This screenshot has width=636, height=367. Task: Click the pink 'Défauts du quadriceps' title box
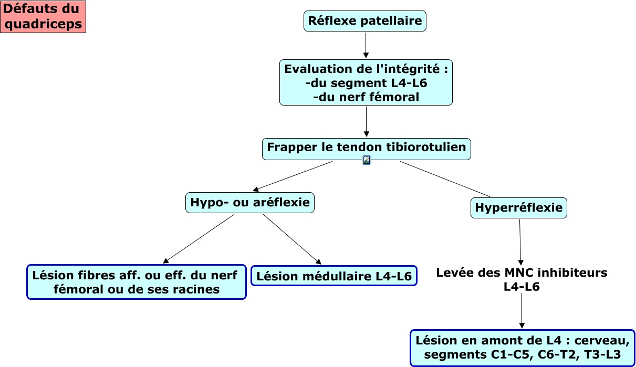[x=43, y=17]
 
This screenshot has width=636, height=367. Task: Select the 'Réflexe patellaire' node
[x=365, y=22]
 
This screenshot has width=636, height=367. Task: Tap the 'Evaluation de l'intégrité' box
[x=366, y=82]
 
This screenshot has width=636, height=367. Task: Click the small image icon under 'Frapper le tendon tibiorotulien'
[x=367, y=161]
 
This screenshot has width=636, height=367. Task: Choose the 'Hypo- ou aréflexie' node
[x=250, y=203]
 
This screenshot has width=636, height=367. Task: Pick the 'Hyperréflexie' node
[x=519, y=208]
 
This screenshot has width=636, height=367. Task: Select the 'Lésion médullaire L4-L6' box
[x=334, y=276]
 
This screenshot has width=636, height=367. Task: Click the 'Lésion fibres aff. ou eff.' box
[x=137, y=282]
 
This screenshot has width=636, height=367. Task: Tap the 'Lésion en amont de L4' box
[x=522, y=348]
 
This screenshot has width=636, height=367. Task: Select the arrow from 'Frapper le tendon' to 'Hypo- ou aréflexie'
[x=293, y=176]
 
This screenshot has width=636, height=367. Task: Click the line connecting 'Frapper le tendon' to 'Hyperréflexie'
[x=445, y=179]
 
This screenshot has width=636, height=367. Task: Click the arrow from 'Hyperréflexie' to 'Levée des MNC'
[x=520, y=242]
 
